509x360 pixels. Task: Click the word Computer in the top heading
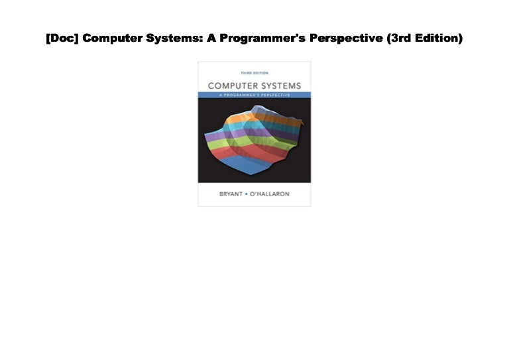tap(112, 38)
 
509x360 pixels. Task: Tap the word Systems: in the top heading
tap(175, 38)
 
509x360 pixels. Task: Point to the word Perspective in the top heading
tap(339, 38)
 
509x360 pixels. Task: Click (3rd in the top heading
tap(396, 38)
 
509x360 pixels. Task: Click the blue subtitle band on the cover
tap(254, 96)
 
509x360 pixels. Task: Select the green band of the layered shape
tap(229, 144)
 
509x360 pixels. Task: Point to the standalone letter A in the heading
tap(211, 38)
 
